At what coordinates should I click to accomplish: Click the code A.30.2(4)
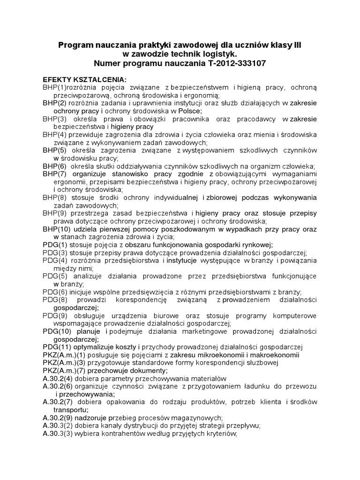click(x=58, y=378)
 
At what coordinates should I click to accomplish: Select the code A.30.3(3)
click(x=58, y=434)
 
